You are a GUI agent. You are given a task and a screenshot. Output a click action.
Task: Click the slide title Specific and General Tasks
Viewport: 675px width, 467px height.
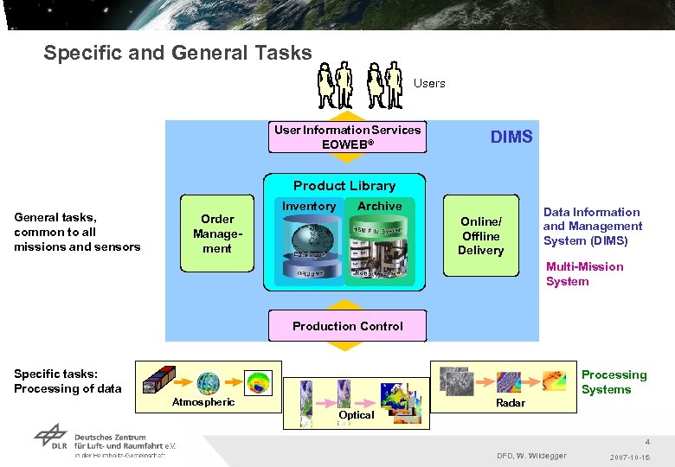coord(177,53)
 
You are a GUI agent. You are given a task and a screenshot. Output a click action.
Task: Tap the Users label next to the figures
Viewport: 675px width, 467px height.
coord(429,83)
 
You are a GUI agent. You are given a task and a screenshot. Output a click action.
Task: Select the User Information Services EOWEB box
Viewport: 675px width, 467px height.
coord(347,137)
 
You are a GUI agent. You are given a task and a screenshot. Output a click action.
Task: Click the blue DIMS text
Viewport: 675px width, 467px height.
coord(511,137)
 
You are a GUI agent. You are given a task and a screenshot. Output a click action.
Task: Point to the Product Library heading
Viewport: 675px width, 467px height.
coord(344,185)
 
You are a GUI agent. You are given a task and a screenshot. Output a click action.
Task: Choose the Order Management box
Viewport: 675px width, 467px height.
coord(217,233)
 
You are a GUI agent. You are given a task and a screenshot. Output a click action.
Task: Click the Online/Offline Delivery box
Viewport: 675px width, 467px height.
coord(480,235)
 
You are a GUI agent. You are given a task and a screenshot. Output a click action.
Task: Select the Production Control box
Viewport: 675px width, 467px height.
coord(347,326)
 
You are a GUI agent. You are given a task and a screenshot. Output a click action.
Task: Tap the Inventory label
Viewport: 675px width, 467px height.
coord(308,206)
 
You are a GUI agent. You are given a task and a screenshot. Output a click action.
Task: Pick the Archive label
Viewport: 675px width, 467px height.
coord(379,206)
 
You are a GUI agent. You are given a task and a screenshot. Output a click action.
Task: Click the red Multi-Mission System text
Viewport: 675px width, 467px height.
coord(584,273)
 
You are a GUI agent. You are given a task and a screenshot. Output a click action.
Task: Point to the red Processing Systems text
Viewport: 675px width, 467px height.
coord(614,381)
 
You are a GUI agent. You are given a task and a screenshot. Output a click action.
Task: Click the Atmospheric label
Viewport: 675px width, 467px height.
coord(203,401)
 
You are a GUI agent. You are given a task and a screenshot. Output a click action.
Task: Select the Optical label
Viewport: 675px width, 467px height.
coord(357,415)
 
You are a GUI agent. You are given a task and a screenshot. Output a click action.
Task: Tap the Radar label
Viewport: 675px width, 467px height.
coord(511,403)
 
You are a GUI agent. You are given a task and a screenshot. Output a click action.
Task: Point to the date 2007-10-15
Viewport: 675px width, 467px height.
coord(631,456)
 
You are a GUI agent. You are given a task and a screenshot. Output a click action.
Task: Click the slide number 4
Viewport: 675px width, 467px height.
coord(646,441)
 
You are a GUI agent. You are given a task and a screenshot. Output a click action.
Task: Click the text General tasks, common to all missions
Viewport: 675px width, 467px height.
coord(77,232)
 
